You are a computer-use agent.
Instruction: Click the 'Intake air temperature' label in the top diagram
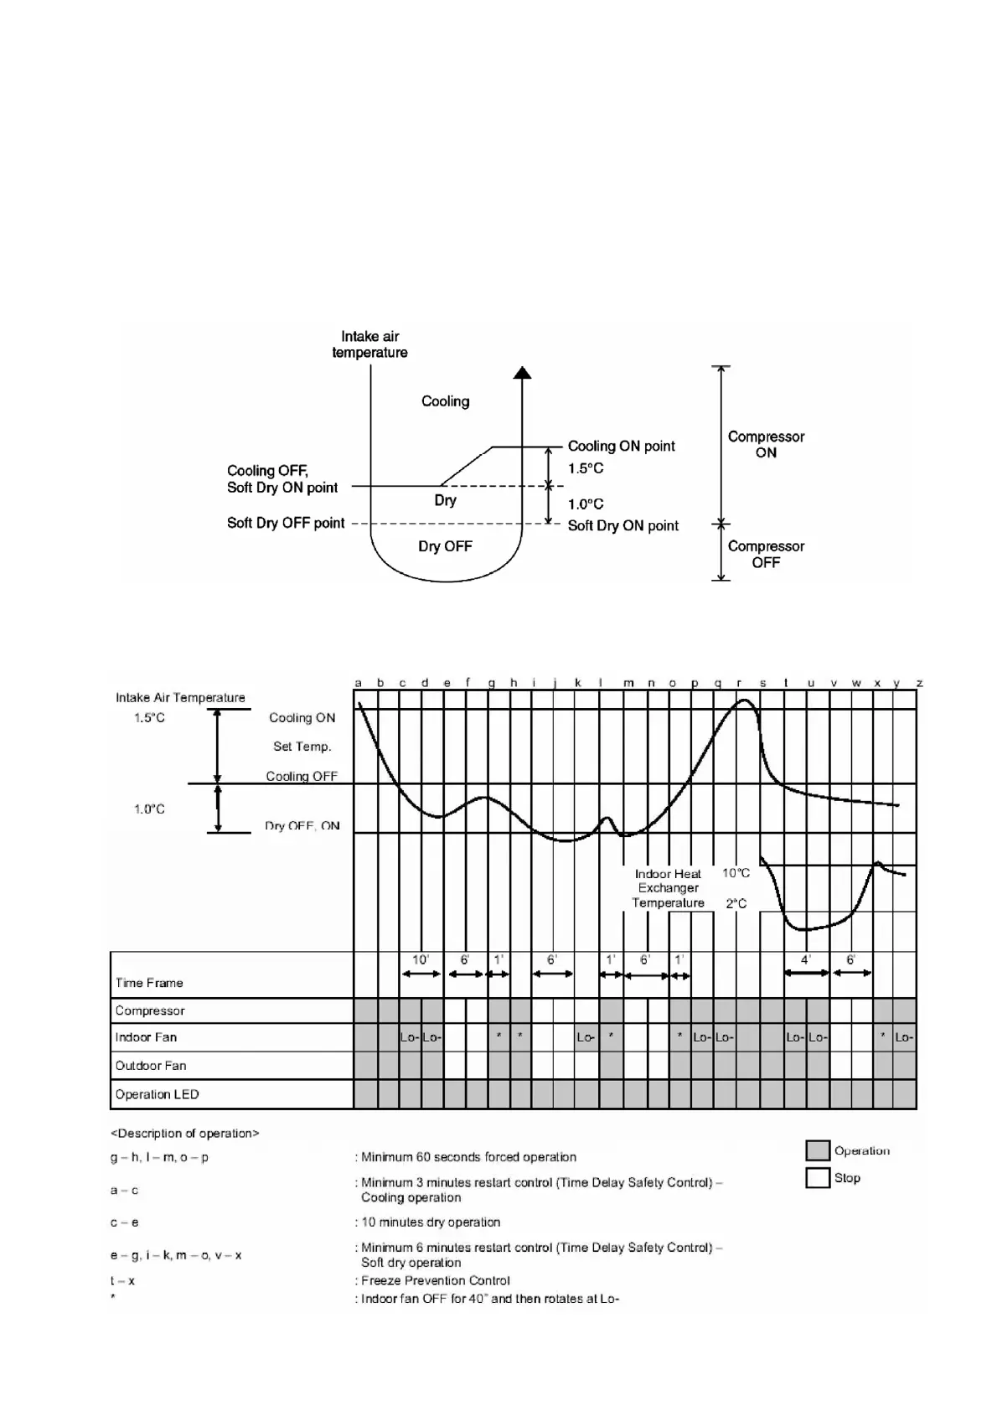tap(369, 344)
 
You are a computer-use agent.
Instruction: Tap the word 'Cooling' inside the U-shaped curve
tap(445, 401)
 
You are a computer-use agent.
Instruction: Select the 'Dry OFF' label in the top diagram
tap(445, 546)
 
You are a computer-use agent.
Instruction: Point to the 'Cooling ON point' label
tap(621, 446)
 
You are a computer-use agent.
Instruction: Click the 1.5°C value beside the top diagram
tap(586, 468)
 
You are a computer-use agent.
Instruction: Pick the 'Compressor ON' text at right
tap(766, 444)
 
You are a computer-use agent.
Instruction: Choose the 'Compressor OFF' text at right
tap(766, 554)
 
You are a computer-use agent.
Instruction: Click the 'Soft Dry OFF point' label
tap(286, 523)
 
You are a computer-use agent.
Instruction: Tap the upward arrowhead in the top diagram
tap(522, 373)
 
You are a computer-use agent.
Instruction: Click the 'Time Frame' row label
tap(149, 983)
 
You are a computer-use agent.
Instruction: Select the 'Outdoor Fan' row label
tap(151, 1066)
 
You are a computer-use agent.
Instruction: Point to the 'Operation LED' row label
tap(157, 1094)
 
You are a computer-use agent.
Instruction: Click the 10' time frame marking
tap(421, 960)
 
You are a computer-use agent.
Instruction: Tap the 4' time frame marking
tap(805, 960)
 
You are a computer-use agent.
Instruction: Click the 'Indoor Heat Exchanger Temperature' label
tap(668, 888)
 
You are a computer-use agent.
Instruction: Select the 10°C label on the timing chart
tap(736, 873)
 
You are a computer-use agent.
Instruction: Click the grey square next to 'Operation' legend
tap(817, 1150)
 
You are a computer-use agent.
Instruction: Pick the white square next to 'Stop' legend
tap(817, 1177)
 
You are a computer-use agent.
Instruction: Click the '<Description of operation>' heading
tap(185, 1134)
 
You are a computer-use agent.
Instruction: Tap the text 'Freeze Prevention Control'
tap(435, 1280)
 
